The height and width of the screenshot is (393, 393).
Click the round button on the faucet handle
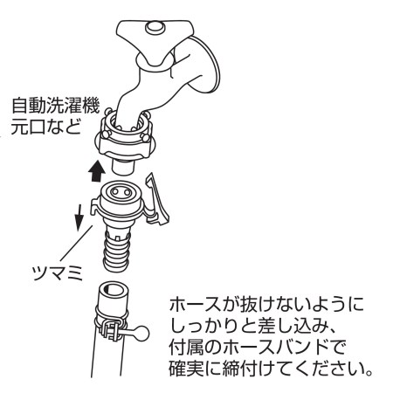click(x=155, y=28)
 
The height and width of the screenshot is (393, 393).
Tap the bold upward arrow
click(x=97, y=172)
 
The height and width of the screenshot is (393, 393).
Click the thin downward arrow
click(x=79, y=217)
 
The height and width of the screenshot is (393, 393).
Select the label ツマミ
click(x=58, y=273)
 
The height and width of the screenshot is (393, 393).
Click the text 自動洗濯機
click(x=56, y=106)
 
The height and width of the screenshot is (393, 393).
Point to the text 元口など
click(x=45, y=127)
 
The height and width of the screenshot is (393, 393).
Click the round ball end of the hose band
click(x=141, y=334)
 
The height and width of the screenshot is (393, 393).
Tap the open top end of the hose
click(x=113, y=290)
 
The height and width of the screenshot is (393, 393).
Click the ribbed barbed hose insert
click(x=116, y=250)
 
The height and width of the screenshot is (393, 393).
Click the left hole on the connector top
click(x=115, y=192)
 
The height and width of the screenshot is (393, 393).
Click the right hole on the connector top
click(x=128, y=192)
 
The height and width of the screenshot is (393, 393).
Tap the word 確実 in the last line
click(x=186, y=369)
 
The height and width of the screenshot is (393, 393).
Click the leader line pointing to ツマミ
click(x=76, y=243)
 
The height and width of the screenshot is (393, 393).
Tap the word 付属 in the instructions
click(x=186, y=348)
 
